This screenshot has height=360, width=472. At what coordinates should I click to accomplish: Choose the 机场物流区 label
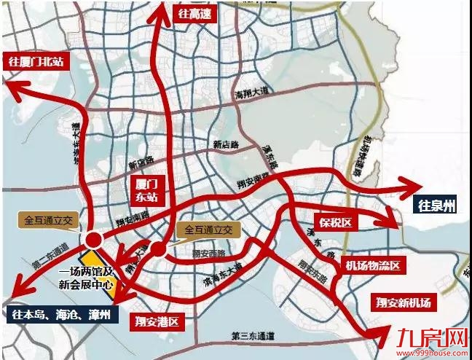point(373,266)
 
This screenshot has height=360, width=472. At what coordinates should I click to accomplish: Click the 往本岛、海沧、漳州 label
point(61,315)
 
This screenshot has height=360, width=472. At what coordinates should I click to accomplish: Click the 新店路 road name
point(226,144)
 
